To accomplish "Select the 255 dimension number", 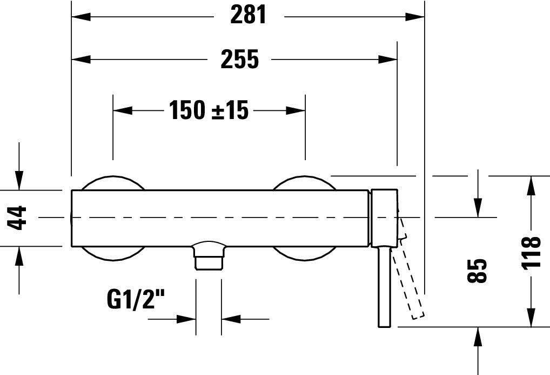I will [x=239, y=59].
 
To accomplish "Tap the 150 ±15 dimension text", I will [x=209, y=110].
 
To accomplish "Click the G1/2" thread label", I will [x=136, y=299].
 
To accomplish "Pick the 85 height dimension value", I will [x=478, y=270].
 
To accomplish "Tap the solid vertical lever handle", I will [x=384, y=287].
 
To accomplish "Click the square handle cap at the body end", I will [x=384, y=218].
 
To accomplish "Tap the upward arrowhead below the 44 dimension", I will [x=19, y=255].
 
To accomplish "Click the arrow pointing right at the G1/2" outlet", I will [x=187, y=319].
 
